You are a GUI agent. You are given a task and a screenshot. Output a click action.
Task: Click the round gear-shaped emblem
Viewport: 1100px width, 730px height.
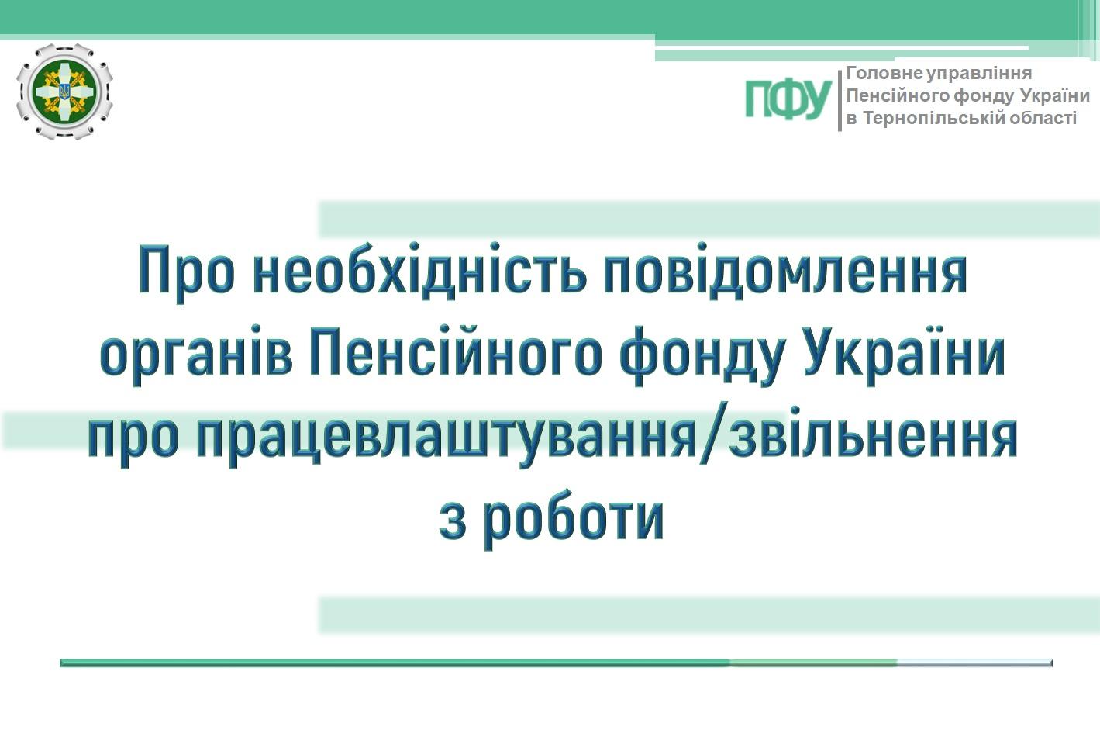coord(64,92)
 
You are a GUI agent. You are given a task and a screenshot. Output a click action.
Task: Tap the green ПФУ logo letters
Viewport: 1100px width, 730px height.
coord(788,100)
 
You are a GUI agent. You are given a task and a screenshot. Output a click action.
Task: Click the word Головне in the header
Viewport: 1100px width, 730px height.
coord(885,73)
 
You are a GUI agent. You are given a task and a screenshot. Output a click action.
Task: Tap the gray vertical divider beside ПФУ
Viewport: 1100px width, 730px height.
coord(840,100)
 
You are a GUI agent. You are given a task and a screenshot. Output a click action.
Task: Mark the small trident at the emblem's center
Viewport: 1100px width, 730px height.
coord(64,92)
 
